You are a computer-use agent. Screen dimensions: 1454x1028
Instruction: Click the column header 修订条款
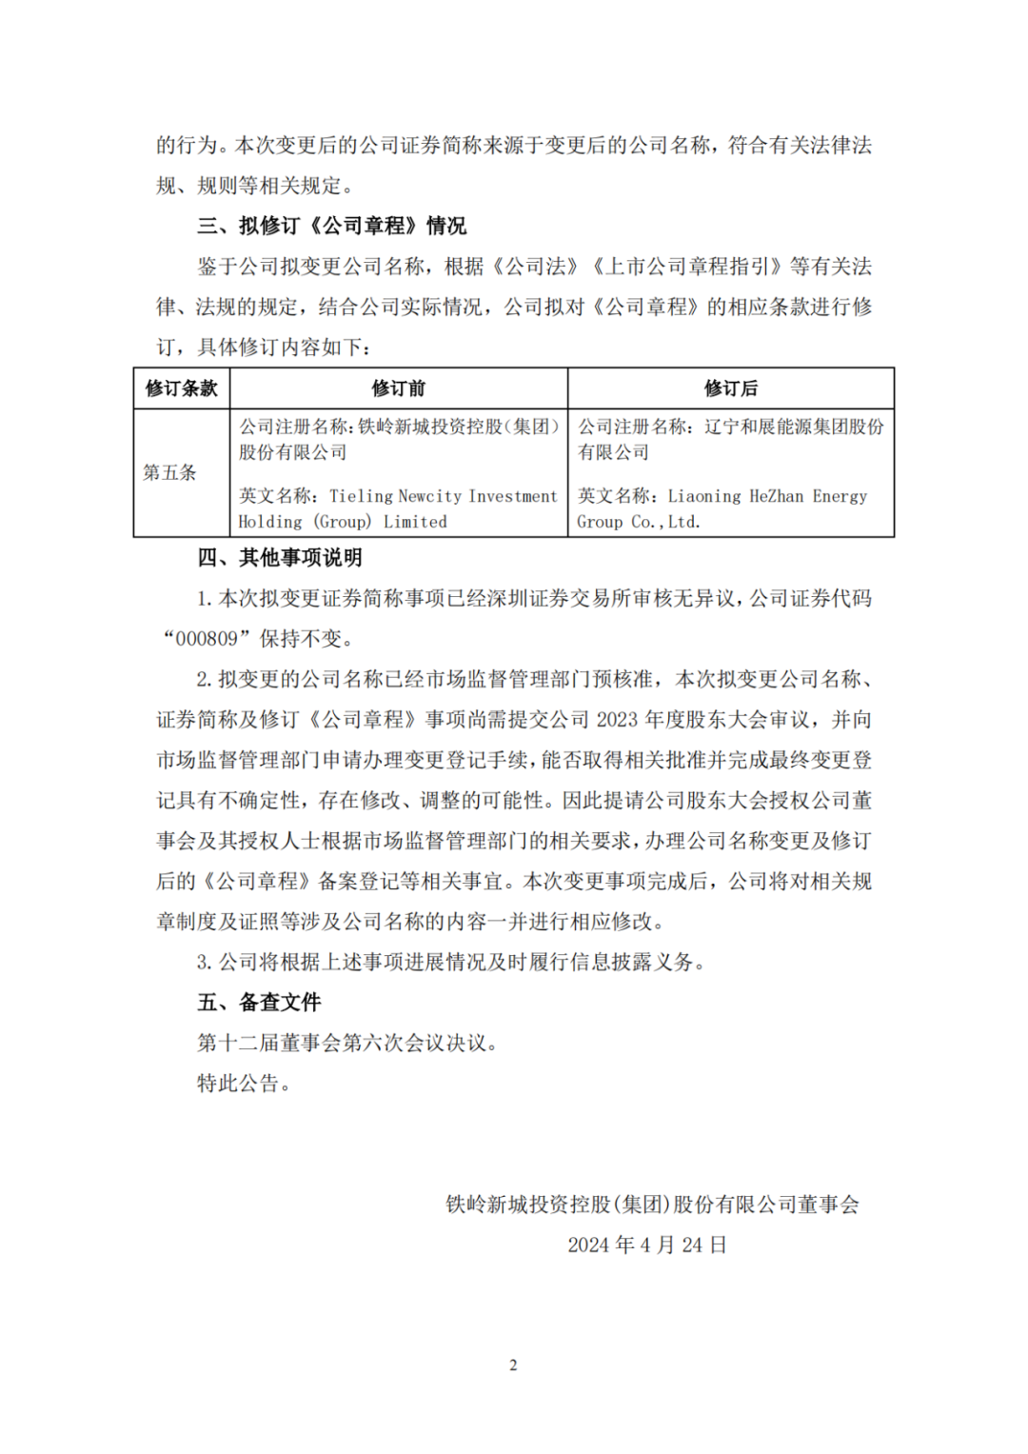pyautogui.click(x=181, y=388)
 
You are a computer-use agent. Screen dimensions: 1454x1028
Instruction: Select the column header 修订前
pyautogui.click(x=398, y=388)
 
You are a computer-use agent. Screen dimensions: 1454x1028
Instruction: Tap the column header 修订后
pyautogui.click(x=730, y=388)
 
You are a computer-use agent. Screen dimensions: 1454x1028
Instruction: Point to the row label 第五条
pyautogui.click(x=169, y=472)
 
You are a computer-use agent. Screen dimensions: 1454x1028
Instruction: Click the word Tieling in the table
pyautogui.click(x=361, y=496)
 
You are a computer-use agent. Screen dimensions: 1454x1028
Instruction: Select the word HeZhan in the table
pyautogui.click(x=776, y=496)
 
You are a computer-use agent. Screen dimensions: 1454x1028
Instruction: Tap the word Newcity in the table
pyautogui.click(x=430, y=496)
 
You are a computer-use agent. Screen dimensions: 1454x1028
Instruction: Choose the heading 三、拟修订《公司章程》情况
pyautogui.click(x=331, y=226)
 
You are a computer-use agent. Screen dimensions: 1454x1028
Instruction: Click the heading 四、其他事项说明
pyautogui.click(x=280, y=558)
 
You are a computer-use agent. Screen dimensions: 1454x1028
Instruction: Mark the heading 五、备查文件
pyautogui.click(x=259, y=1003)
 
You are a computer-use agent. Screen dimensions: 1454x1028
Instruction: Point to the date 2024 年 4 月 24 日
pyautogui.click(x=647, y=1245)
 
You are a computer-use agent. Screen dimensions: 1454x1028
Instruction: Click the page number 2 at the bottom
pyautogui.click(x=513, y=1365)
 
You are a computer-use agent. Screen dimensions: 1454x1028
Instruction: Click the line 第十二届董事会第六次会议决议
pyautogui.click(x=346, y=1044)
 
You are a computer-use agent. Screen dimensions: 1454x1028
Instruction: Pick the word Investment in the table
pyautogui.click(x=513, y=496)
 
